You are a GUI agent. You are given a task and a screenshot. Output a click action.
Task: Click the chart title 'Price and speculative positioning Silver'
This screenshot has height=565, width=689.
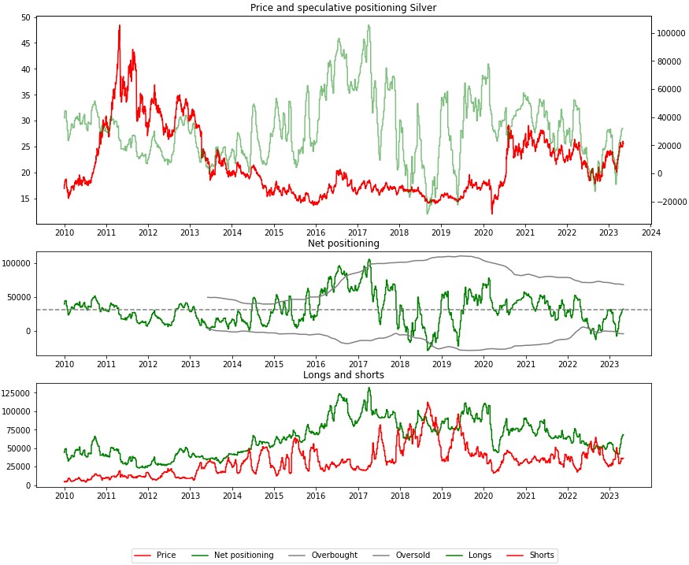(343, 7)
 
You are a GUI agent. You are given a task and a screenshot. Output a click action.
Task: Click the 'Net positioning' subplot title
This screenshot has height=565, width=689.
(343, 243)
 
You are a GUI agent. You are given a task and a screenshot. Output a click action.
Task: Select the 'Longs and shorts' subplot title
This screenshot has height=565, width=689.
(343, 375)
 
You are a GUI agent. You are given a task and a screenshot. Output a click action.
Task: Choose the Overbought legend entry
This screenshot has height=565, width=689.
(329, 556)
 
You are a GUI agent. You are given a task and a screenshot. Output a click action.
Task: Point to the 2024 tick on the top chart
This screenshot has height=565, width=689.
(650, 233)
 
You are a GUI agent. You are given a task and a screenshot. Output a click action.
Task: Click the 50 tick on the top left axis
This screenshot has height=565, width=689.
(27, 17)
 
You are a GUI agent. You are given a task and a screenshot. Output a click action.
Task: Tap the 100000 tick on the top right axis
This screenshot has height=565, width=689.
(669, 33)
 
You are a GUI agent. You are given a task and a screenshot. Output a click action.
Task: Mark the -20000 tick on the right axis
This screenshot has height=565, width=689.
(669, 202)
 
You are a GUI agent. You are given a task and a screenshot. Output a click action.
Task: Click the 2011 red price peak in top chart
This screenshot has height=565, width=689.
(120, 26)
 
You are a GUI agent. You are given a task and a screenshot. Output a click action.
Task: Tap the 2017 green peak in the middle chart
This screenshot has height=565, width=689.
(369, 260)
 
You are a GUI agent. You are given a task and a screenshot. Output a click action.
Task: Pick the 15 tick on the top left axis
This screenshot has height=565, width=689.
(27, 199)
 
